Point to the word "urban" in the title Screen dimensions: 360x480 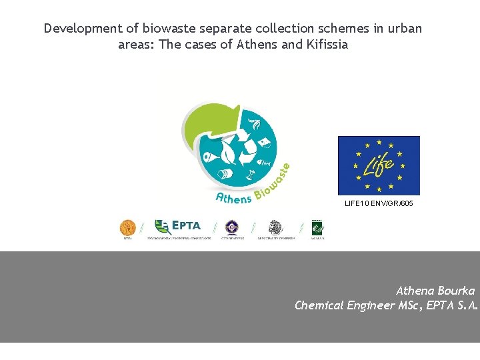[404, 29]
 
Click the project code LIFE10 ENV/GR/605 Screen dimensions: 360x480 [379, 203]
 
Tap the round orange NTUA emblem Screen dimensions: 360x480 [127, 228]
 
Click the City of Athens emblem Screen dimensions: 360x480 [232, 228]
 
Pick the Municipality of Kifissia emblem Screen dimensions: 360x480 [275, 228]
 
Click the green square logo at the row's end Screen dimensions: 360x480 [317, 228]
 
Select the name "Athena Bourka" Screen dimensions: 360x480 [435, 291]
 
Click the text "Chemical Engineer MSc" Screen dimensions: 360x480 [345, 305]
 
